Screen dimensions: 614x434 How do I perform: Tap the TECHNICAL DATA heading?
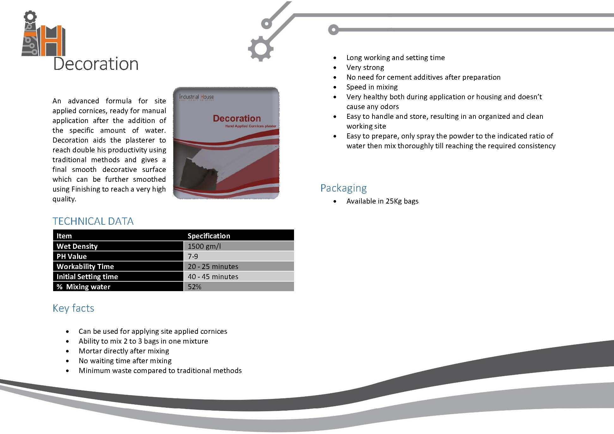[93, 221]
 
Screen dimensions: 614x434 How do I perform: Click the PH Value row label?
[71, 256]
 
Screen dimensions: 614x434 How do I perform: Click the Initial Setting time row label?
[87, 277]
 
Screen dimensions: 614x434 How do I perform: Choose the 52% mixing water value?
[194, 287]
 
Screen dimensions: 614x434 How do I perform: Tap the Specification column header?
[209, 236]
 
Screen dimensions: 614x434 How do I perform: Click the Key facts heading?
[73, 308]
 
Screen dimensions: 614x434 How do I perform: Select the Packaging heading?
[343, 188]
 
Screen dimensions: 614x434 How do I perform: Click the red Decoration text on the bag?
[237, 119]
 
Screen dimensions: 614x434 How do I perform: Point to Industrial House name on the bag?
[196, 97]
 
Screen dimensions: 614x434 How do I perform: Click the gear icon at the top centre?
[261, 49]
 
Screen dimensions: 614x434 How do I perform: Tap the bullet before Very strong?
[335, 68]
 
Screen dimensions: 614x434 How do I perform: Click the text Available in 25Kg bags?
[382, 201]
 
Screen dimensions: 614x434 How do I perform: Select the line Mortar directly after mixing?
[124, 351]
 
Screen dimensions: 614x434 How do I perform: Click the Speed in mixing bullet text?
[372, 87]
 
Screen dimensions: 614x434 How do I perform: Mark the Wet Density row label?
[77, 246]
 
